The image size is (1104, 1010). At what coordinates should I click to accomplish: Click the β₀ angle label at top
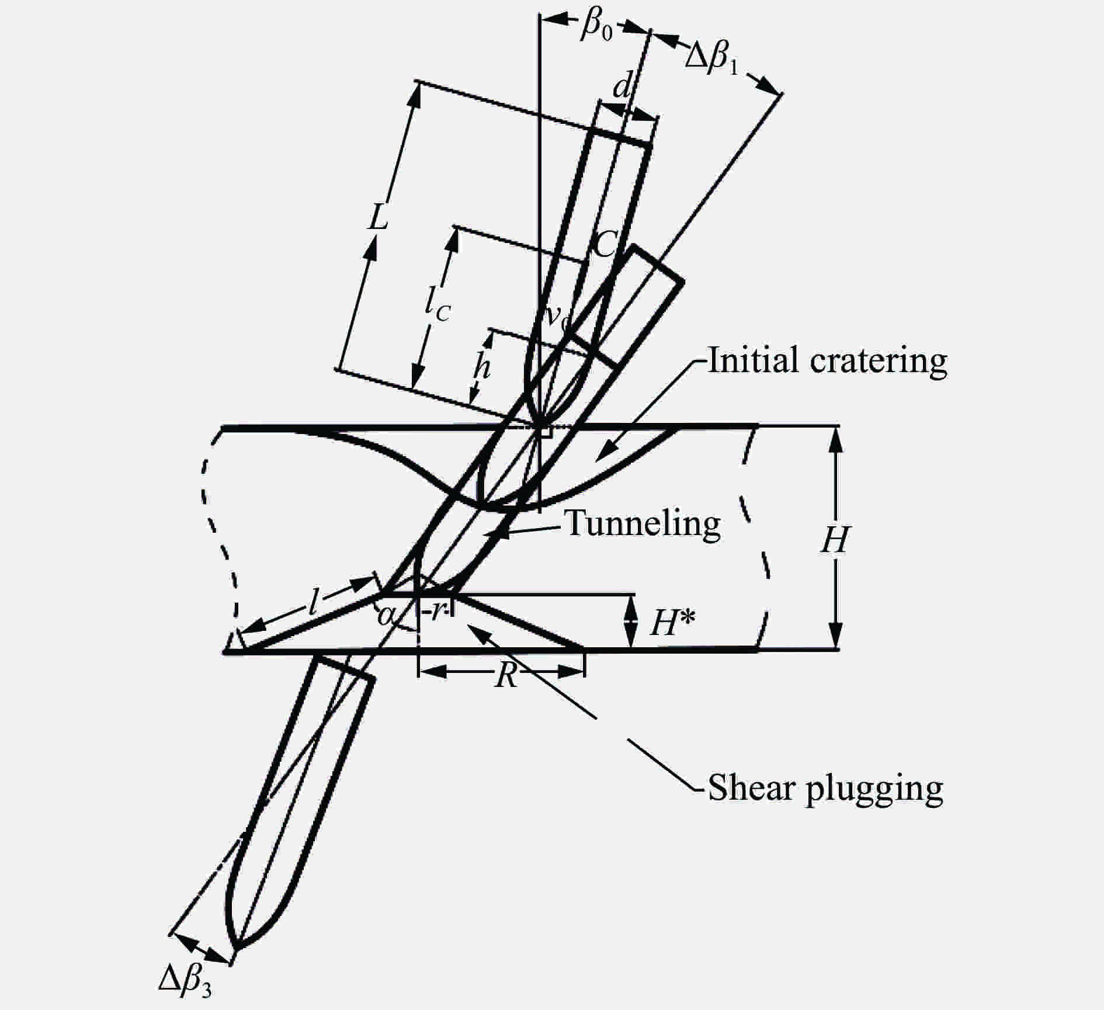click(596, 26)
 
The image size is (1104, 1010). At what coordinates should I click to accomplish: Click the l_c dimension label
click(437, 304)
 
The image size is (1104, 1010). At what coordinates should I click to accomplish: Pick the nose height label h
click(481, 367)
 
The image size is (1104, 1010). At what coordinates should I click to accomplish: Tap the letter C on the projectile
click(604, 244)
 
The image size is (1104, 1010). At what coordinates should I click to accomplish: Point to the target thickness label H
click(835, 540)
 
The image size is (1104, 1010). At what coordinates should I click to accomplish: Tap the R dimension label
click(506, 676)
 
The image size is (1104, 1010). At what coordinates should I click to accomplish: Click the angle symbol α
click(384, 615)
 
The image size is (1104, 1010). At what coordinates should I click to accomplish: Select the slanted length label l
click(314, 602)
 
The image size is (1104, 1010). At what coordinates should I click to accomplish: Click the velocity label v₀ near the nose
click(556, 318)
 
